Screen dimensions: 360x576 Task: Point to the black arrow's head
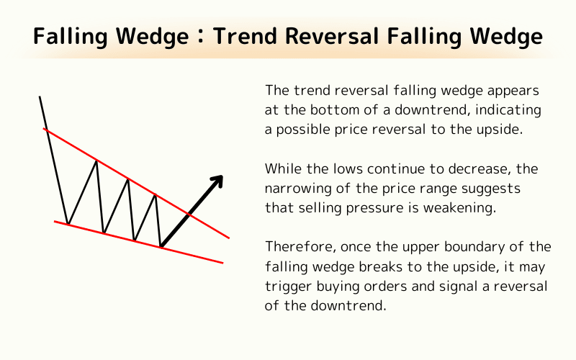tap(218, 179)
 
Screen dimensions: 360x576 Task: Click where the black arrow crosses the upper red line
tap(189, 214)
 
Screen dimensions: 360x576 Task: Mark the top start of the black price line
tap(40, 96)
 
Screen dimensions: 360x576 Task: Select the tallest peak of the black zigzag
tap(96, 160)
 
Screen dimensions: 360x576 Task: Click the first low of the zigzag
tap(68, 224)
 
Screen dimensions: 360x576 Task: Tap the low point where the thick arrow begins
tap(160, 247)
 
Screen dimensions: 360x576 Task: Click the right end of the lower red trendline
tap(222, 263)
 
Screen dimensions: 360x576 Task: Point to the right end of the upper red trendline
tap(229, 237)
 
